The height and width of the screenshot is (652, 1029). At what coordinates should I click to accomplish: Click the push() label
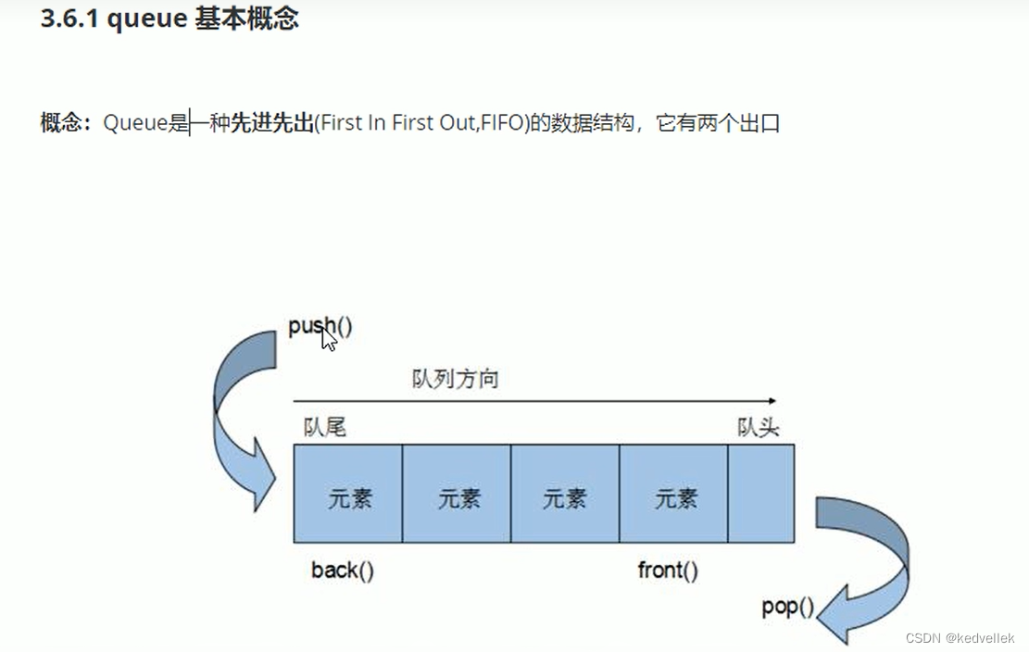pos(320,326)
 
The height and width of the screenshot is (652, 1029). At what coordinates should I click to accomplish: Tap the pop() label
pos(787,608)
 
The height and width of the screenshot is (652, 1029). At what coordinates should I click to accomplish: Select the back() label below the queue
pos(343,570)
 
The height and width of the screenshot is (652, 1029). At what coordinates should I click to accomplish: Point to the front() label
pos(668,570)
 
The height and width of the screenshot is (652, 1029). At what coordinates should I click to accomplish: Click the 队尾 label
pos(324,427)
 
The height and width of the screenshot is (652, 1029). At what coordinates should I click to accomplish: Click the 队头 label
pos(758,427)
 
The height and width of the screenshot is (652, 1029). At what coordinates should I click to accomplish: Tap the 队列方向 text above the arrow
pos(455,380)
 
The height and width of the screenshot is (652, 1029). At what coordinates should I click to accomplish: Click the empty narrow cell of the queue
pos(760,494)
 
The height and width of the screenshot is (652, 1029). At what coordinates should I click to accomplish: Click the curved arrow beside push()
pos(243,417)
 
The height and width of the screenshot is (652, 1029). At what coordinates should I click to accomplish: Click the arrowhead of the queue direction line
pos(771,402)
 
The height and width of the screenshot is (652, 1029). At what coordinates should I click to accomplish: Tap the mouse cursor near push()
pos(329,340)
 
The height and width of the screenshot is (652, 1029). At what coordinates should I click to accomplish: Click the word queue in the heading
pos(147,19)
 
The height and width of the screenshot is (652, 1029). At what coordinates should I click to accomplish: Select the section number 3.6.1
pos(70,19)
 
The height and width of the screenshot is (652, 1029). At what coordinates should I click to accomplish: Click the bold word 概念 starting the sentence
pos(61,123)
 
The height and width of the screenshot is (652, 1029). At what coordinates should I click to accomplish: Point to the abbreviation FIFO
pos(502,123)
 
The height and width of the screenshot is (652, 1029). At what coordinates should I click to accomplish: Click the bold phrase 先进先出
pos(271,123)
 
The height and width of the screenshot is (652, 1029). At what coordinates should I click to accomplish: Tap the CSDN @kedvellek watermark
pos(960,638)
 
